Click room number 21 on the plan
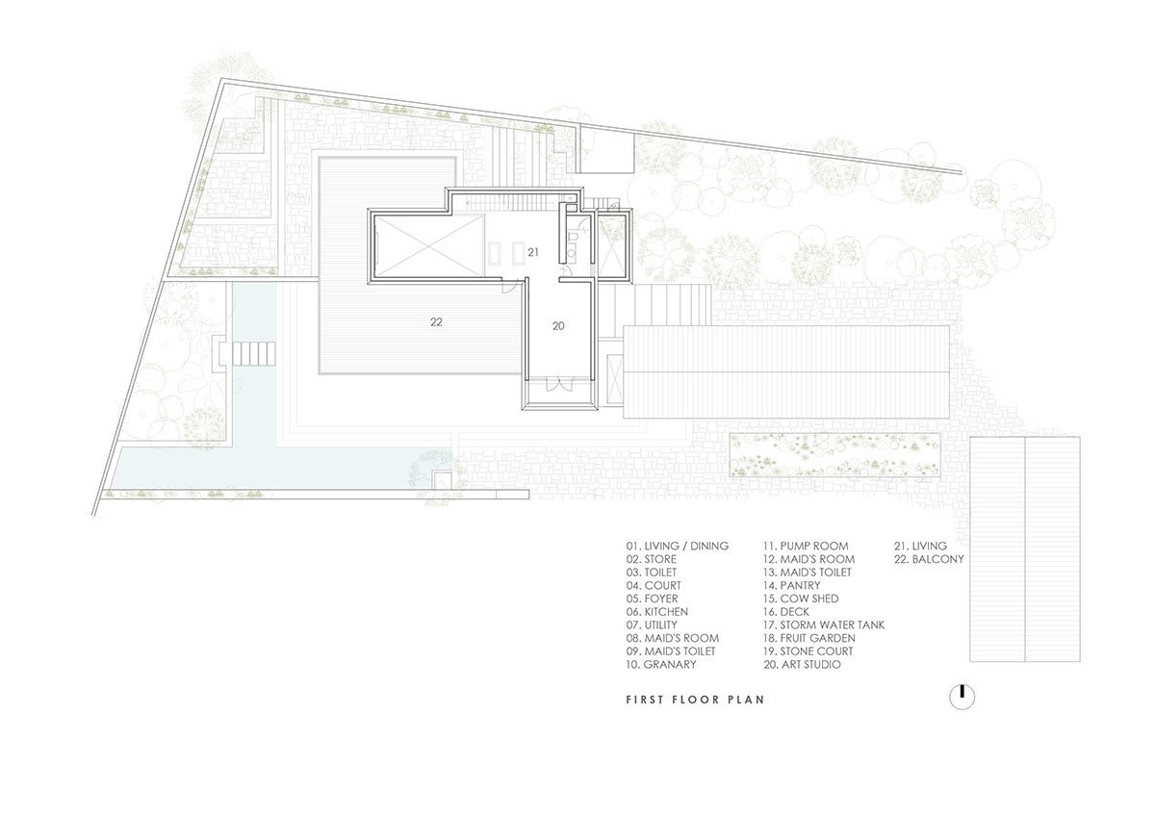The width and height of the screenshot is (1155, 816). click(x=533, y=252)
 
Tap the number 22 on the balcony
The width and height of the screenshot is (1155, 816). click(x=436, y=322)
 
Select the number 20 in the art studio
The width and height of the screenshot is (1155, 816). click(x=558, y=326)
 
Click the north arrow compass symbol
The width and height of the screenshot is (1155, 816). click(x=962, y=699)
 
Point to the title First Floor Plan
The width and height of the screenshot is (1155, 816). click(x=696, y=700)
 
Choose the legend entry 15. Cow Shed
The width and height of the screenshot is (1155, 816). click(x=801, y=599)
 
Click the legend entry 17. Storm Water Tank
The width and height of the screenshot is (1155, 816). click(x=824, y=625)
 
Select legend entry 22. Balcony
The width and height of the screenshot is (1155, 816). click(x=929, y=559)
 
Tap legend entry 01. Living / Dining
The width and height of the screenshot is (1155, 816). click(x=678, y=546)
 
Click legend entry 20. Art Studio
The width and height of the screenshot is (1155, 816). click(x=803, y=665)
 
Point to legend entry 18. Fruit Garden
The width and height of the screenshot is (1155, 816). click(x=809, y=638)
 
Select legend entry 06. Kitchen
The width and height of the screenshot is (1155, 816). click(x=656, y=612)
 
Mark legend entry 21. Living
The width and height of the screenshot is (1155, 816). click(x=920, y=546)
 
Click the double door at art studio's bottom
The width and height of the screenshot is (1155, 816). click(x=558, y=385)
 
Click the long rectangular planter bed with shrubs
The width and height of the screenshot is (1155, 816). click(x=834, y=454)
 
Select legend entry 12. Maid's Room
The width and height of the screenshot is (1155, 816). click(x=809, y=559)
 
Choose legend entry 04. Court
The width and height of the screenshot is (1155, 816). click(x=654, y=586)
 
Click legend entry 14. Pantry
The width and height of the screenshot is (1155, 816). click(x=792, y=586)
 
